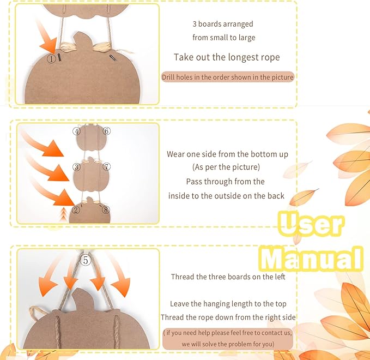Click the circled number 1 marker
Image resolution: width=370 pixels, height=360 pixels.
[51, 58]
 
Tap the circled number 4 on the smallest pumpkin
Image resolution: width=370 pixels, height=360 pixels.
[76, 131]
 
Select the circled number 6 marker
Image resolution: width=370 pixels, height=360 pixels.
[106, 131]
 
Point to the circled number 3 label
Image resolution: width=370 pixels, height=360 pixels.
[76, 167]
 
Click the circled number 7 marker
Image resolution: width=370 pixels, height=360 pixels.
[106, 166]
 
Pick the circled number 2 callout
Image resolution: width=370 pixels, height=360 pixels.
[76, 210]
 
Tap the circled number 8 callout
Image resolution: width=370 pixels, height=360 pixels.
[106, 209]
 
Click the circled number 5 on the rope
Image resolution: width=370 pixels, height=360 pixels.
[86, 260]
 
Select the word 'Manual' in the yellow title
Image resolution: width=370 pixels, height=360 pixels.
[311, 259]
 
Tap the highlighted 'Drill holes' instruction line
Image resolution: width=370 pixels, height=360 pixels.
[228, 77]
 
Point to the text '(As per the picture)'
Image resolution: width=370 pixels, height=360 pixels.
[226, 167]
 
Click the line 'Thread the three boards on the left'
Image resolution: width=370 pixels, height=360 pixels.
[228, 277]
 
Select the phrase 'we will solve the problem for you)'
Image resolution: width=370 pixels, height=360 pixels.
[228, 344]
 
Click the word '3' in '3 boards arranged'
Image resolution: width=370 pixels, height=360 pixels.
[195, 24]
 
